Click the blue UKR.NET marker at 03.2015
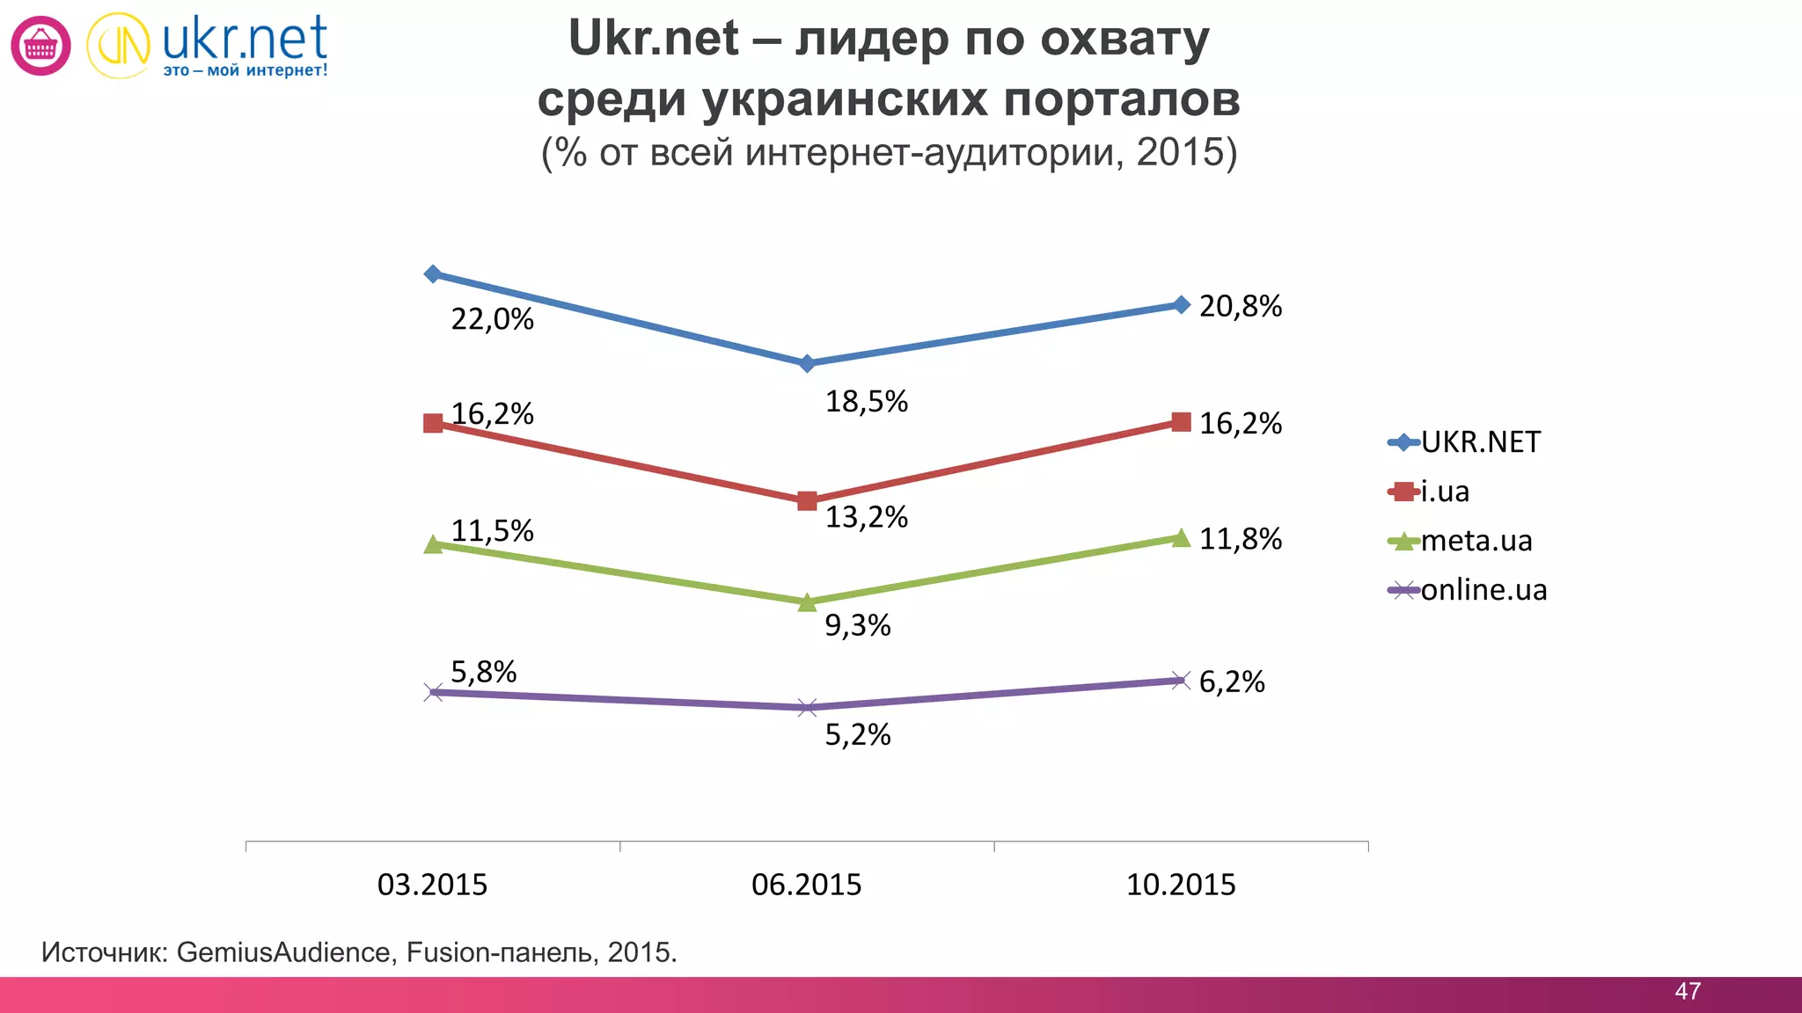pos(432,274)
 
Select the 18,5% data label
pos(866,402)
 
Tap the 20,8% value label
pos(1240,306)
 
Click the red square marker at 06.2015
pos(807,501)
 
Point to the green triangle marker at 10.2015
pos(1181,537)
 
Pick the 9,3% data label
pos(857,625)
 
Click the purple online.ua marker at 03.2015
pos(433,693)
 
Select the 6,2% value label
pos(1231,681)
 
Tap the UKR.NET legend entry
pos(1480,441)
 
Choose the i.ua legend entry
pos(1445,491)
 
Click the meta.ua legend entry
pos(1476,540)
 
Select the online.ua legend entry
pos(1483,589)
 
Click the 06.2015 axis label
pos(806,885)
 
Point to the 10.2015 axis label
pos(1181,885)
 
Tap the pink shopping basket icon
pos(40,46)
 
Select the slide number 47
pos(1687,991)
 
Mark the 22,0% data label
pos(492,319)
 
